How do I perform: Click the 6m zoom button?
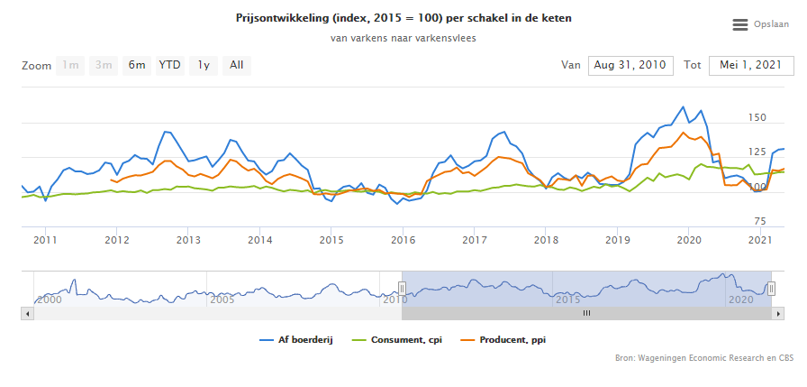(x=137, y=65)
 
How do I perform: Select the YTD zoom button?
(x=169, y=65)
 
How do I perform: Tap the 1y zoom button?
(x=204, y=65)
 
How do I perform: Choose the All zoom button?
(x=236, y=65)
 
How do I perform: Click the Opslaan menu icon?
(x=740, y=25)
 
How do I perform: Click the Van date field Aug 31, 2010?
(x=629, y=65)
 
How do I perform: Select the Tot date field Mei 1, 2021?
(x=750, y=65)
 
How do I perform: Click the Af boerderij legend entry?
(x=296, y=339)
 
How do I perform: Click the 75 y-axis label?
(x=759, y=221)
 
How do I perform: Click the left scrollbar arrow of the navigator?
(x=27, y=313)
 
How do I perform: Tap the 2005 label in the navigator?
(x=221, y=299)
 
